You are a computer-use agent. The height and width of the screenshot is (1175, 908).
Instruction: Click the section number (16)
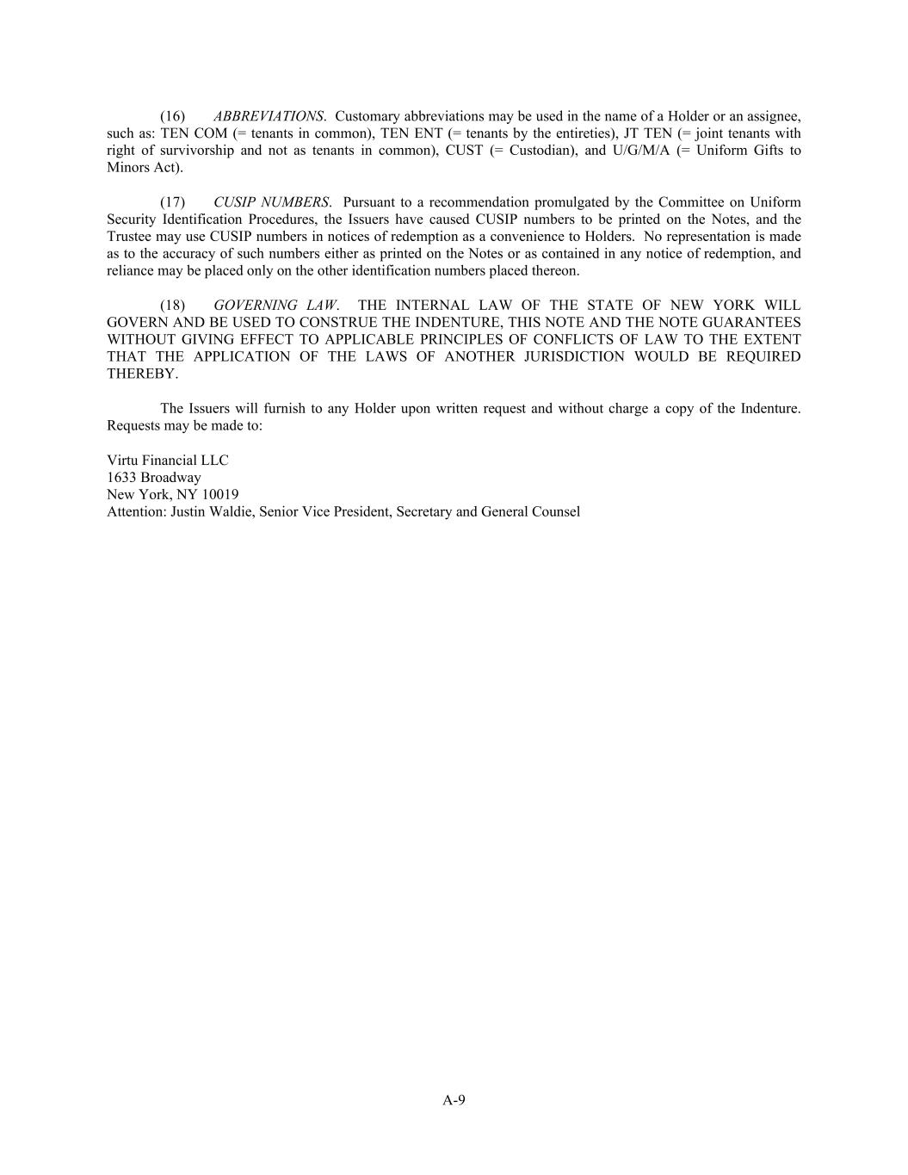(x=172, y=116)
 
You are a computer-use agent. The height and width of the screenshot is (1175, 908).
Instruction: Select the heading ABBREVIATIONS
(x=269, y=116)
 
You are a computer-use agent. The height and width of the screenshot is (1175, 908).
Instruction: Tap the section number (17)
(x=172, y=202)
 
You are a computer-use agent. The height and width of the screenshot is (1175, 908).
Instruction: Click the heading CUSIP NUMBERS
(x=271, y=202)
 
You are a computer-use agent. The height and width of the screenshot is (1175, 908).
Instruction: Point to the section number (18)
(x=172, y=306)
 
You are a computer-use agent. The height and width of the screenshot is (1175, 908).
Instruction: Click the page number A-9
(x=454, y=1099)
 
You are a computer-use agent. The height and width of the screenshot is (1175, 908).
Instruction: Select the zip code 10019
(x=220, y=495)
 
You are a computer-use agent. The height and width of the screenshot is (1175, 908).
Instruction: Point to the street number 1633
(x=121, y=478)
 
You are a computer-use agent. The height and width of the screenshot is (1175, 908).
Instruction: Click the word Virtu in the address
(x=123, y=461)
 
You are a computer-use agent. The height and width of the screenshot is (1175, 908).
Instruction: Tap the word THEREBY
(x=141, y=374)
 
